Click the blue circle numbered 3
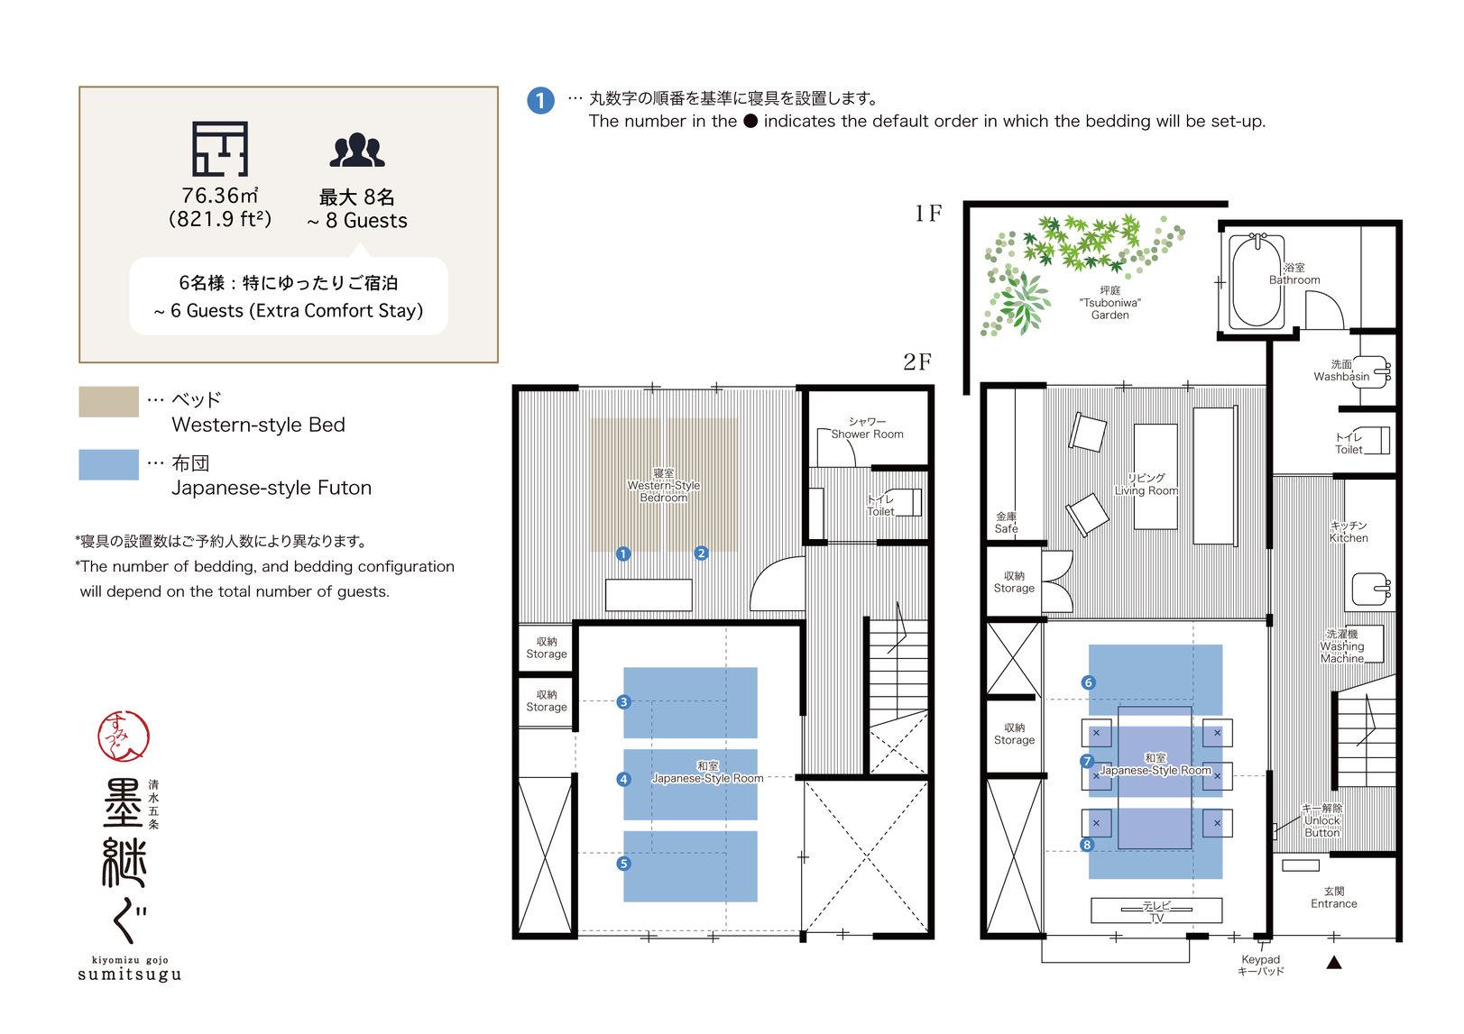tap(624, 702)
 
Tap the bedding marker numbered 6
tap(1089, 682)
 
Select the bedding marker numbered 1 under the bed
tap(623, 554)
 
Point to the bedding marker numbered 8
tap(1088, 845)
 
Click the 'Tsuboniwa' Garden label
tap(1110, 302)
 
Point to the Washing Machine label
tap(1342, 646)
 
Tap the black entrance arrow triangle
tap(1335, 962)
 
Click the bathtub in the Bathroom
tap(1257, 281)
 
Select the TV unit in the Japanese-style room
tap(1156, 910)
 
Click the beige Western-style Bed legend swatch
tap(108, 402)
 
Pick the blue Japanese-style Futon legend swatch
tap(108, 464)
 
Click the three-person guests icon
tap(357, 151)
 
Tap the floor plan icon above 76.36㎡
tap(220, 149)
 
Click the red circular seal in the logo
tap(124, 737)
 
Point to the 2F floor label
tap(917, 361)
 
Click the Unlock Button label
tap(1322, 820)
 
